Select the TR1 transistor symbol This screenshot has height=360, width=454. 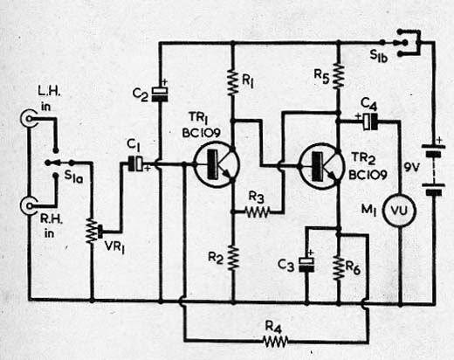pos(217,164)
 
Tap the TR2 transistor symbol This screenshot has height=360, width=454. pos(320,167)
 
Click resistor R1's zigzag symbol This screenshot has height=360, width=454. pos(232,82)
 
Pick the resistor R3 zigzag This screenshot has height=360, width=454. pos(258,212)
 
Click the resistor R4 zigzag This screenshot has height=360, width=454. pos(275,341)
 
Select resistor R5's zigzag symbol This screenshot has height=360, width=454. pos(338,76)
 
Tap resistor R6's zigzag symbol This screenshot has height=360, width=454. pos(339,268)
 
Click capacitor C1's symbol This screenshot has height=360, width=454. pos(135,163)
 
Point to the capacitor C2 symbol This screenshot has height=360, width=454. pos(160,93)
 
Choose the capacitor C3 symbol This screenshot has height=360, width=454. pos(306,265)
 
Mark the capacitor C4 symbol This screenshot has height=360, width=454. pos(370,121)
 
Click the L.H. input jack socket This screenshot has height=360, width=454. pos(29,118)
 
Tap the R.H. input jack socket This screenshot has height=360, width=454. pos(29,205)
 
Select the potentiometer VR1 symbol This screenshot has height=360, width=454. pos(93,232)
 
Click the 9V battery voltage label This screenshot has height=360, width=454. pos(411,168)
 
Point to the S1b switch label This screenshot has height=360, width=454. pos(379,56)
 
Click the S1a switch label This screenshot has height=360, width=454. pos(73,177)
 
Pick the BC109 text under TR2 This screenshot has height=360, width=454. pos(368,175)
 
